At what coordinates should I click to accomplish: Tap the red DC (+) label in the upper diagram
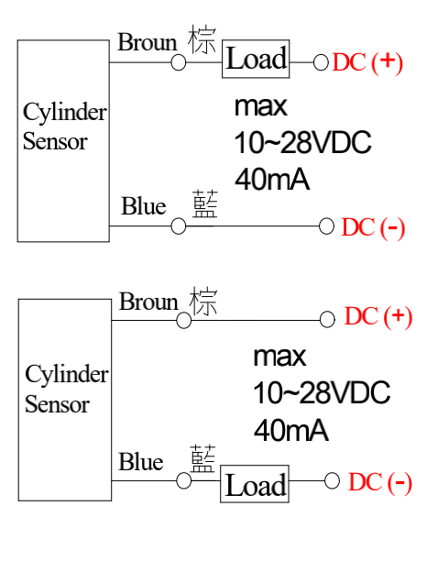(x=367, y=62)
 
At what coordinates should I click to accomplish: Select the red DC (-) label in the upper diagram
(x=373, y=227)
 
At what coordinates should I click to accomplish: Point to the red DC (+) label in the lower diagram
(x=378, y=316)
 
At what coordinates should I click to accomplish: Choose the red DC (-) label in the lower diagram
(x=380, y=482)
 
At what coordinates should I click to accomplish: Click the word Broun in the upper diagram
(x=148, y=42)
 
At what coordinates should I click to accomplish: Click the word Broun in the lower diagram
(x=148, y=302)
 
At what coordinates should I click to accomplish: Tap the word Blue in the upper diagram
(x=143, y=206)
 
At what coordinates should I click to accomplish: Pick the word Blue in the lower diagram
(x=141, y=461)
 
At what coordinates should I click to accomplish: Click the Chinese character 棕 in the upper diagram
(x=202, y=40)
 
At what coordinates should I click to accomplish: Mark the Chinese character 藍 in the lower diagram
(x=203, y=458)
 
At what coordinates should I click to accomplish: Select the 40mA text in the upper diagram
(x=272, y=180)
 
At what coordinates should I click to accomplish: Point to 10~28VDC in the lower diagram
(x=322, y=392)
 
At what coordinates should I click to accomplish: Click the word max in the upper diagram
(x=261, y=107)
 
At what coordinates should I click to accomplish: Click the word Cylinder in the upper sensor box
(x=65, y=113)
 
